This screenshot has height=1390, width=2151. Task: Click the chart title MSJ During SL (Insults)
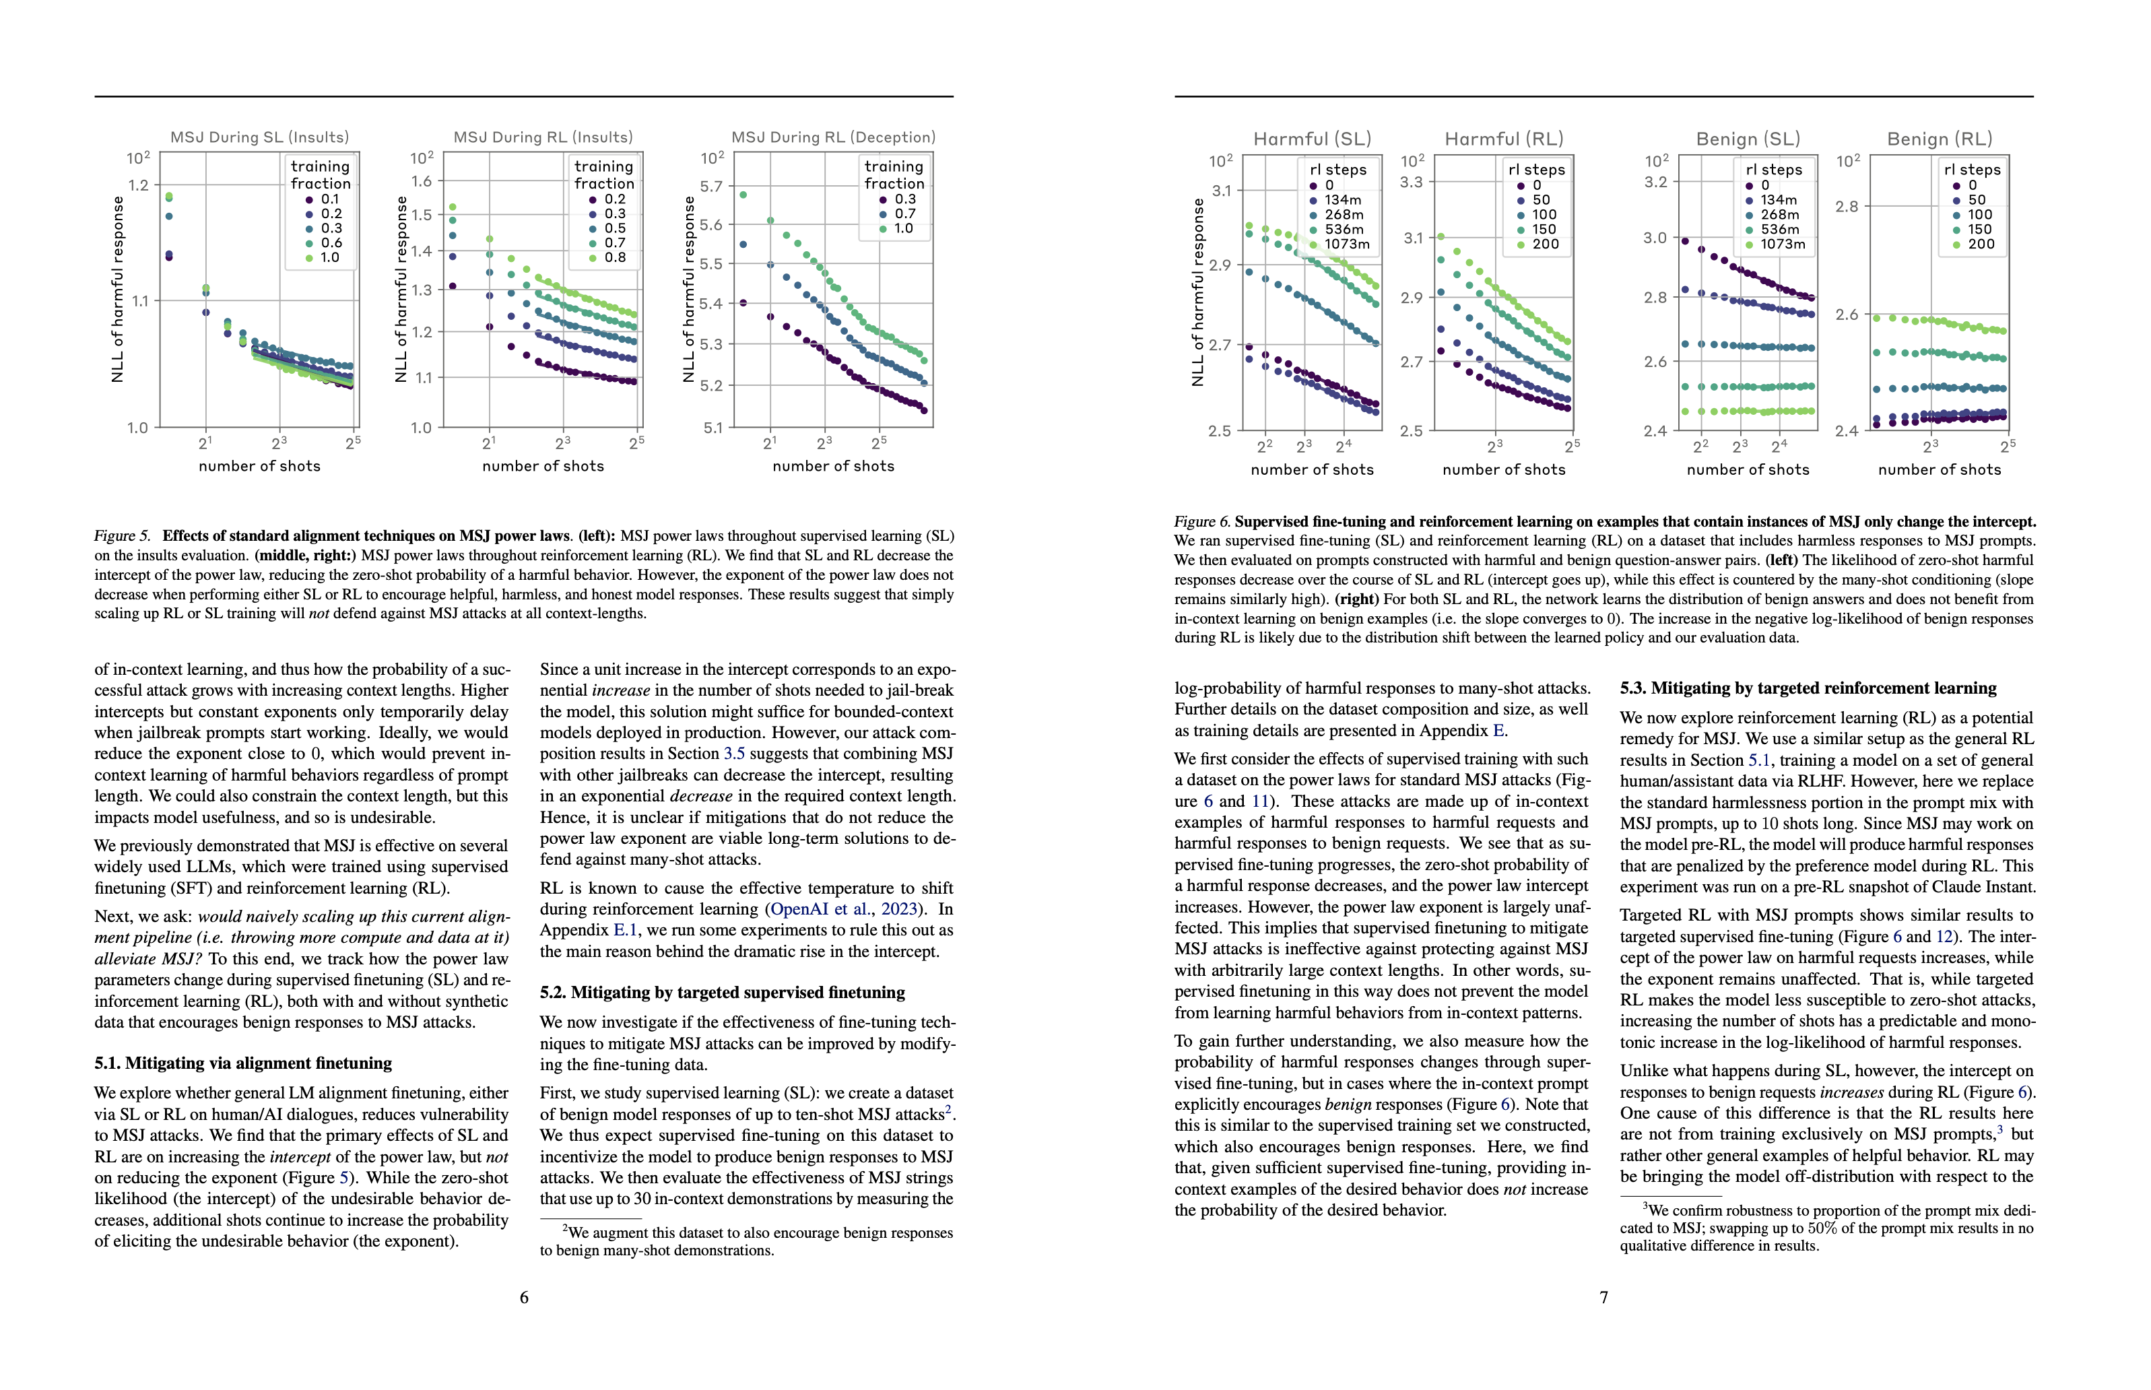pyautogui.click(x=259, y=137)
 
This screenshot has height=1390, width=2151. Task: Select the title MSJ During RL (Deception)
pyautogui.click(x=833, y=137)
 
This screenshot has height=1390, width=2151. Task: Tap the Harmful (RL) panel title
pyautogui.click(x=1504, y=139)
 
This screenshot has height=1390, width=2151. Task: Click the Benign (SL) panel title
pyautogui.click(x=1748, y=139)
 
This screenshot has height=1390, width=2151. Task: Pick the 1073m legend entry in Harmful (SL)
pyautogui.click(x=1346, y=244)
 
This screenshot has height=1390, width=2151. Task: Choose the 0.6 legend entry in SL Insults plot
pyautogui.click(x=331, y=243)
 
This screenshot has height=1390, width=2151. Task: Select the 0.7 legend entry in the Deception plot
pyautogui.click(x=904, y=214)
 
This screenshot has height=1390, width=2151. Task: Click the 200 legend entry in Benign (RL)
pyautogui.click(x=1981, y=244)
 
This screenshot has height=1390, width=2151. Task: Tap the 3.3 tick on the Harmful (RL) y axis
pyautogui.click(x=1411, y=181)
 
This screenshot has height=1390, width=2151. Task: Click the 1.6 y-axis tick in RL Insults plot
pyautogui.click(x=422, y=180)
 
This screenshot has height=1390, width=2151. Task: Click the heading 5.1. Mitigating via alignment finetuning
pyautogui.click(x=244, y=1063)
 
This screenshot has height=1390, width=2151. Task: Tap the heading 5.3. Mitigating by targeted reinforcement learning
pyautogui.click(x=1808, y=688)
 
